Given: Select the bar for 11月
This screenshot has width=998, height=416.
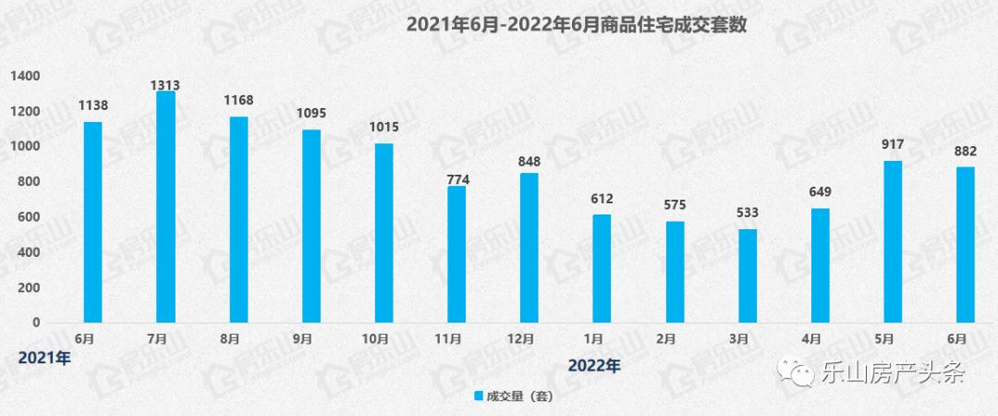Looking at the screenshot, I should [456, 254].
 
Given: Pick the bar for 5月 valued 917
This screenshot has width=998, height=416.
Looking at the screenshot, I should [893, 241].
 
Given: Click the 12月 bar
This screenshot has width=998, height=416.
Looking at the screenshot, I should [529, 248].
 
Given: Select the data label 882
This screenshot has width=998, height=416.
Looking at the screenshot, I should [965, 151].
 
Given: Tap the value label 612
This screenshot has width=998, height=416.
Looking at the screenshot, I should [602, 199].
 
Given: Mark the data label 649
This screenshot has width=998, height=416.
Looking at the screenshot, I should [820, 192].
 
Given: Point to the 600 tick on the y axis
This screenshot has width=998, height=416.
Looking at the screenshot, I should [30, 217].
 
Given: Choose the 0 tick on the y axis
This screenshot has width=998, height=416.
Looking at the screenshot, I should [36, 323].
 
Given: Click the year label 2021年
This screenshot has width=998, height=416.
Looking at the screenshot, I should [44, 358].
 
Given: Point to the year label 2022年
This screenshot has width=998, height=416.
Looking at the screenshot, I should [593, 365].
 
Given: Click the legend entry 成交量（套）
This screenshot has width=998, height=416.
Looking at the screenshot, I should [512, 398].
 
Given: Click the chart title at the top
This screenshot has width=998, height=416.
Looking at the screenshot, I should [576, 25].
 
